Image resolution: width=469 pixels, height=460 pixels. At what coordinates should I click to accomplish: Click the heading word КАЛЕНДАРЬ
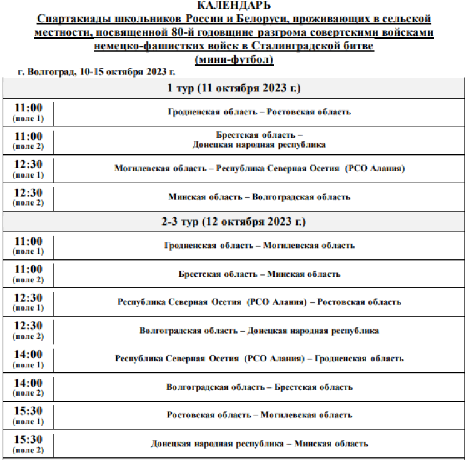234,6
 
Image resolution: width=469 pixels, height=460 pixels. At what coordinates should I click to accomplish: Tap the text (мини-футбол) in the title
234,59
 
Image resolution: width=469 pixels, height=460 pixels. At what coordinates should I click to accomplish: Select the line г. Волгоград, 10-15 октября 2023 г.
96,72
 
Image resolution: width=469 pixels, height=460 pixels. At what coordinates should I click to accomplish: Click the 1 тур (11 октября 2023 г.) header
234,88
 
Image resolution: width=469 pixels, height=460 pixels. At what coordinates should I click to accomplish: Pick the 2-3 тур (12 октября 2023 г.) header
234,222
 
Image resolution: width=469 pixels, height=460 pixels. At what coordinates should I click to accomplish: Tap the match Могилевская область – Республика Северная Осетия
259,168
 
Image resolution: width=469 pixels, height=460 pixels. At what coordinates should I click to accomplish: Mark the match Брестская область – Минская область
259,274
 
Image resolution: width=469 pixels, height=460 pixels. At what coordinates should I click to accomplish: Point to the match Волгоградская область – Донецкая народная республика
259,331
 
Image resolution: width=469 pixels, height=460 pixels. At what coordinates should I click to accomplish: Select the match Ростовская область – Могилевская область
259,415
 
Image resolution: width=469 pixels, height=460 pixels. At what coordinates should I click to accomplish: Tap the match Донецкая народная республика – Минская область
259,444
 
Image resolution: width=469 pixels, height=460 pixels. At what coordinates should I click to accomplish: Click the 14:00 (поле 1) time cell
28,358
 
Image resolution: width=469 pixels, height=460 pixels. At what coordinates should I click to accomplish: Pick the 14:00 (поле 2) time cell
28,387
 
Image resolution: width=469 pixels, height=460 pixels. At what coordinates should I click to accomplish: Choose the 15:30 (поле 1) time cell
28,415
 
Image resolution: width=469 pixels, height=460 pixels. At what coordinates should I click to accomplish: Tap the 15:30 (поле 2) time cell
28,444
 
